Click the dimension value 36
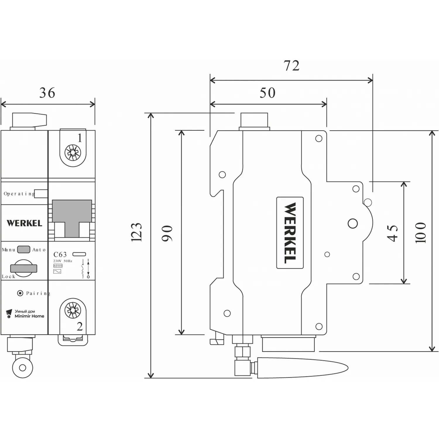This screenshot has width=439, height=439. click(x=47, y=93)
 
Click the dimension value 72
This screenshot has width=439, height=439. click(x=291, y=66)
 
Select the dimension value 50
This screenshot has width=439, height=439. click(x=267, y=93)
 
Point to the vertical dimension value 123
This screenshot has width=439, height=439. click(x=136, y=232)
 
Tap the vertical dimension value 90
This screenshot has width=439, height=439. click(x=167, y=233)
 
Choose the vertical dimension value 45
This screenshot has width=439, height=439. click(x=392, y=233)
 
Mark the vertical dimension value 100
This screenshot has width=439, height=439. click(x=420, y=233)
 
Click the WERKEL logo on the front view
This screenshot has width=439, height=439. click(x=25, y=223)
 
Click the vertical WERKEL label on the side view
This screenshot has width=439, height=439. click(x=290, y=233)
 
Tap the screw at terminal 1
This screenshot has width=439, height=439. click(x=73, y=152)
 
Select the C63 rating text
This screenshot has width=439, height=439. click(x=60, y=255)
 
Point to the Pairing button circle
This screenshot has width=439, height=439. click(x=20, y=293)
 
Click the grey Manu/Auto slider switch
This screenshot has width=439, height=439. click(x=24, y=249)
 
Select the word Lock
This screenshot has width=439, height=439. click(x=8, y=277)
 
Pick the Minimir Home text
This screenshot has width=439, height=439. click(x=29, y=316)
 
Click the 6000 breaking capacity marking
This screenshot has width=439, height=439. click(x=58, y=266)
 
